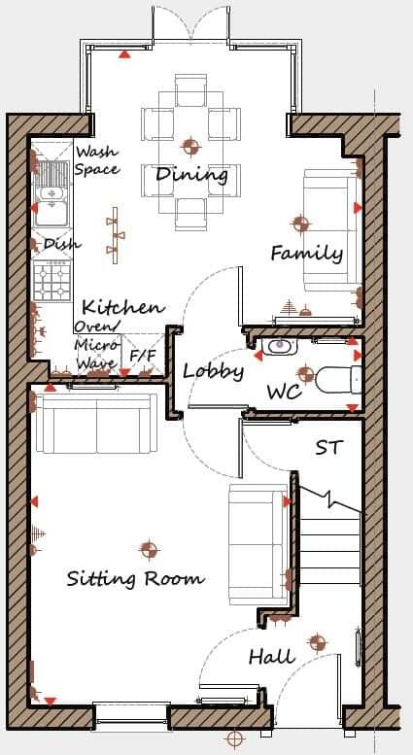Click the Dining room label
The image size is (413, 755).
pyautogui.click(x=191, y=175)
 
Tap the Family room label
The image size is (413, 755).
pyautogui.click(x=306, y=254)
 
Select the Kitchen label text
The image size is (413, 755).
pyautogui.click(x=122, y=307)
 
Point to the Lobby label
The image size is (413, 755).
pyautogui.click(x=213, y=370)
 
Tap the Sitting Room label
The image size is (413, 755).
pyautogui.click(x=135, y=578)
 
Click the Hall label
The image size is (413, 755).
pyautogui.click(x=271, y=657)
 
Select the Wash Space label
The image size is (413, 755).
pyautogui.click(x=97, y=160)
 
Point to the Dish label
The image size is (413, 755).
pyautogui.click(x=62, y=244)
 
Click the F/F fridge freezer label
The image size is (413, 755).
pyautogui.click(x=143, y=357)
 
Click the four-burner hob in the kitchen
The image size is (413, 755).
pyautogui.click(x=52, y=281)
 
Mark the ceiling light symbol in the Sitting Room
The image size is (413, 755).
pyautogui.click(x=148, y=550)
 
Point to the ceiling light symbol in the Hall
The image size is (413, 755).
pyautogui.click(x=316, y=642)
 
